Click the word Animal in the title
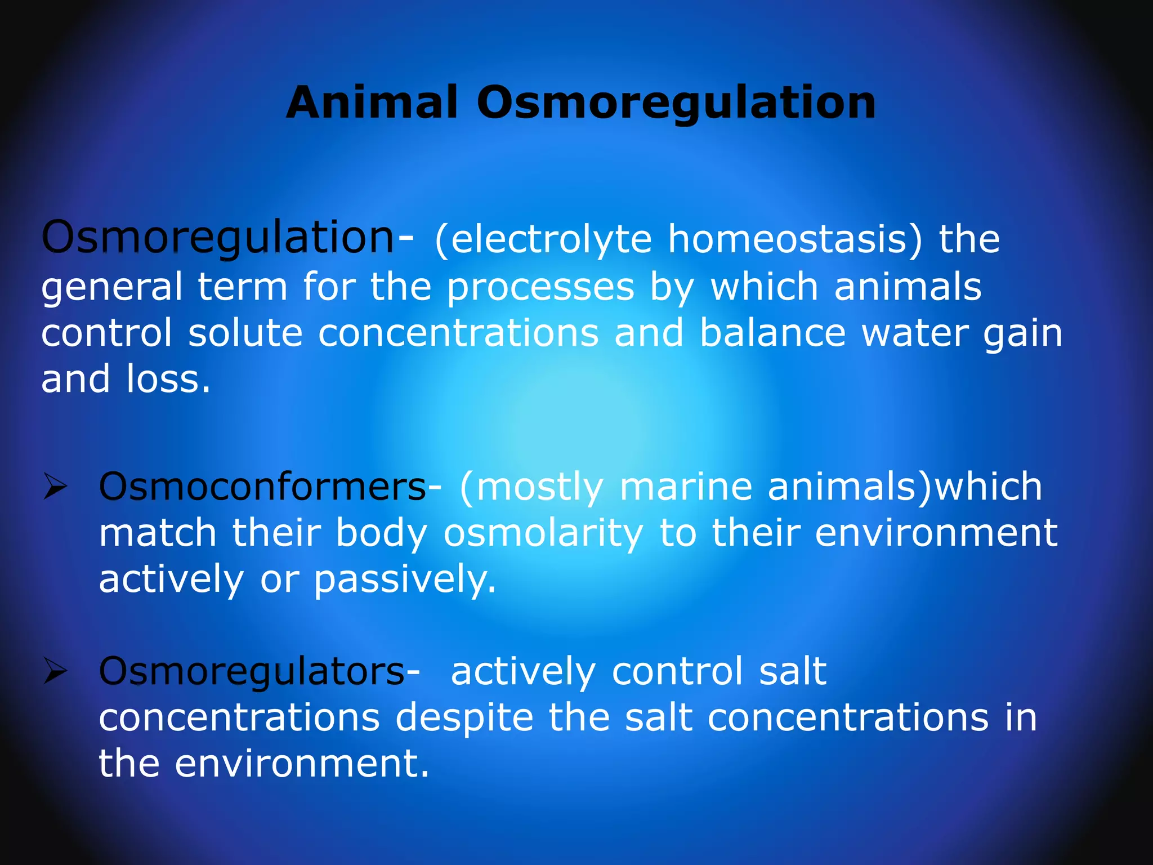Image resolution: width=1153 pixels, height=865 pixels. pyautogui.click(x=372, y=102)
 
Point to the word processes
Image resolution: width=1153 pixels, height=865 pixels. pyautogui.click(x=540, y=287)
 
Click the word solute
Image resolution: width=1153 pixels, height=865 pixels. pyautogui.click(x=245, y=333)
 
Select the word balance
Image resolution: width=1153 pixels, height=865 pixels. pyautogui.click(x=772, y=333)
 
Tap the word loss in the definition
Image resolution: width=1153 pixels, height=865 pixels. pyautogui.click(x=168, y=379)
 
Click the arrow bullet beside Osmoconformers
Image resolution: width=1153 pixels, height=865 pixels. pyautogui.click(x=56, y=487)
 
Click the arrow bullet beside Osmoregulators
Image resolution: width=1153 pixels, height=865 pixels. pyautogui.click(x=56, y=672)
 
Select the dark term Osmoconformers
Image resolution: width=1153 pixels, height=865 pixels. pyautogui.click(x=262, y=487)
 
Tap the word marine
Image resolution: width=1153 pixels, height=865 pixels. pyautogui.click(x=686, y=487)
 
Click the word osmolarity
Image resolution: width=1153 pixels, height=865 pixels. pyautogui.click(x=543, y=534)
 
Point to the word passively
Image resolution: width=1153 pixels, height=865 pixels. pyautogui.click(x=405, y=580)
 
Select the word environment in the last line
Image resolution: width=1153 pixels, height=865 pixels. pyautogui.click(x=302, y=764)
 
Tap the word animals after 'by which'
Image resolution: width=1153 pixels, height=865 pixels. pyautogui.click(x=908, y=287)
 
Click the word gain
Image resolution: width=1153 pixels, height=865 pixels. pyautogui.click(x=1022, y=334)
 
